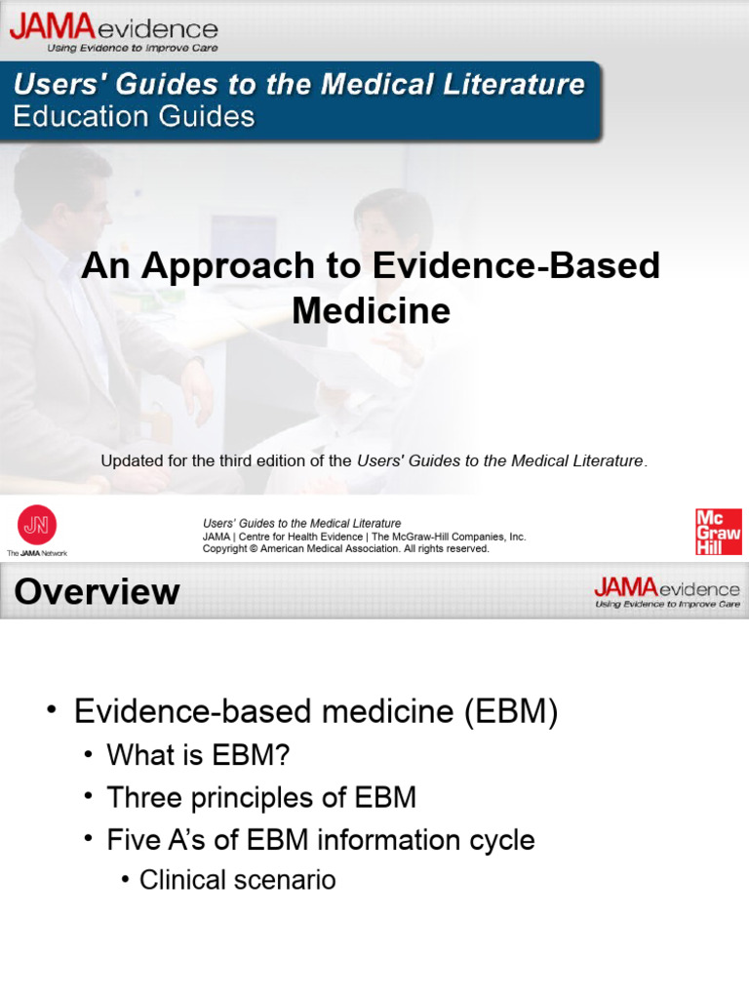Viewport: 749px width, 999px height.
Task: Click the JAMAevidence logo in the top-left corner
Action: click(x=113, y=27)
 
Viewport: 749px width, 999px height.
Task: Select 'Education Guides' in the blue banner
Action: click(x=134, y=117)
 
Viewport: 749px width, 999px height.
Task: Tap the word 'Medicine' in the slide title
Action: click(x=372, y=310)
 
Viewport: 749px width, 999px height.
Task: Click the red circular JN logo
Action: click(x=37, y=525)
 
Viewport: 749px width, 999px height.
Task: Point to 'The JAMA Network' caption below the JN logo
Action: click(x=37, y=553)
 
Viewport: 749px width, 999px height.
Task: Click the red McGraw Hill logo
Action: click(x=718, y=532)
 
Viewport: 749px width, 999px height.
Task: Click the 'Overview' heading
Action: click(x=97, y=592)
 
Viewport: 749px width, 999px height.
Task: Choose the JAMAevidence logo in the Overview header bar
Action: click(x=667, y=591)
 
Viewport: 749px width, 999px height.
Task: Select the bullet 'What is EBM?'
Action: click(x=198, y=754)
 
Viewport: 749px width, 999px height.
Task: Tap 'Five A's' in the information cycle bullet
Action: click(x=149, y=839)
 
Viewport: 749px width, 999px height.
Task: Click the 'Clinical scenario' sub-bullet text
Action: click(x=237, y=879)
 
